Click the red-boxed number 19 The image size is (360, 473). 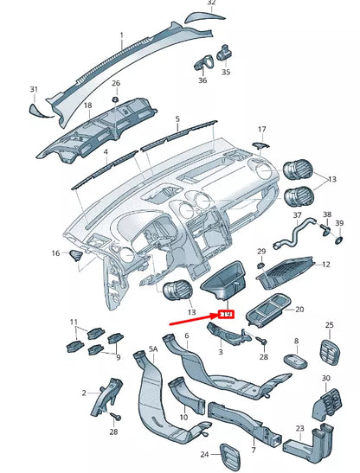[228, 315]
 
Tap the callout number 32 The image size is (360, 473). [212, 3]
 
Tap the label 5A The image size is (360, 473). [154, 349]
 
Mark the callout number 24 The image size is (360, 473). [205, 454]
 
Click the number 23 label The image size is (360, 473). [299, 428]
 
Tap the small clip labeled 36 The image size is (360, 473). [207, 62]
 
